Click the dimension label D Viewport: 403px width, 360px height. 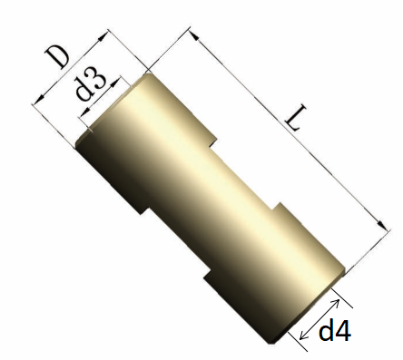click(x=57, y=57)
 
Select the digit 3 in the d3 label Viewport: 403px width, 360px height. click(x=97, y=79)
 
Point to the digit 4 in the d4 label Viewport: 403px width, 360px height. click(x=341, y=331)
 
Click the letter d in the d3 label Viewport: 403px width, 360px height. click(x=84, y=90)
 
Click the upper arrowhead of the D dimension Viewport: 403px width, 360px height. click(x=103, y=37)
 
